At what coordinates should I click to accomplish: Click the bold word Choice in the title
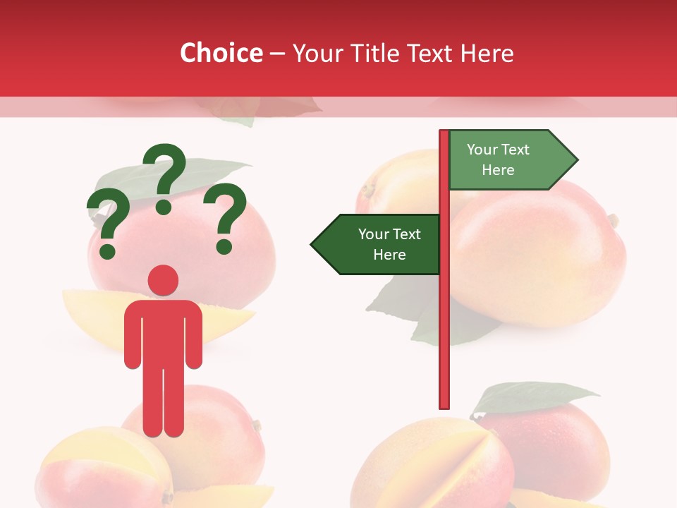[x=221, y=53]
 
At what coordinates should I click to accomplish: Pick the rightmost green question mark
[x=225, y=217]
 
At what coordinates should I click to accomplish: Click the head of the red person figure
[x=163, y=280]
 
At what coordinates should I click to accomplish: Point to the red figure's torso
[x=163, y=332]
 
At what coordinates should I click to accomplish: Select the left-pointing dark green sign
[x=378, y=244]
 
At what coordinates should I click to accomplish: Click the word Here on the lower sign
[x=389, y=255]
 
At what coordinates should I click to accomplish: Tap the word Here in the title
[x=487, y=53]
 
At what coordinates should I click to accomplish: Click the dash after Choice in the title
[x=277, y=54]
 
